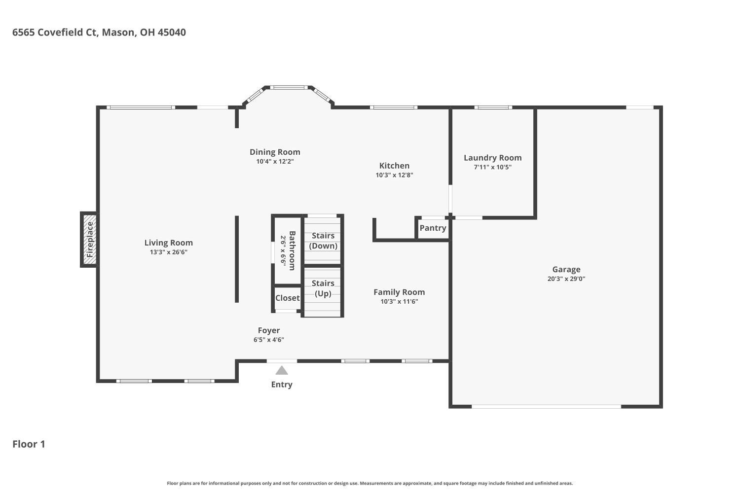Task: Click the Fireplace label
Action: point(90,240)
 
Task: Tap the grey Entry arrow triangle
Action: point(281,370)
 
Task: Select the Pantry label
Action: point(433,228)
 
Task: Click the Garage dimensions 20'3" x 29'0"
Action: point(566,279)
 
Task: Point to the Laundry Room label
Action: point(492,158)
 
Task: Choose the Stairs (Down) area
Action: point(323,241)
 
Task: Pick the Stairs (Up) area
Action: point(323,288)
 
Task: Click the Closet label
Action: point(287,298)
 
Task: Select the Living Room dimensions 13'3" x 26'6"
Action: point(169,252)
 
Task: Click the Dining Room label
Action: point(275,152)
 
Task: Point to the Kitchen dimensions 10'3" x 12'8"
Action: point(394,175)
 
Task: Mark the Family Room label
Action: point(399,292)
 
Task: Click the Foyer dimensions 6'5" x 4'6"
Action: point(269,340)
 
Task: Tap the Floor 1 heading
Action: point(29,444)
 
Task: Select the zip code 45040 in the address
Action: point(172,33)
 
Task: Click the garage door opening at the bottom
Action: point(546,406)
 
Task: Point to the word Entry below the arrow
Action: point(281,385)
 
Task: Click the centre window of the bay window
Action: point(289,88)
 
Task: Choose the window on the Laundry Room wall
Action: point(493,107)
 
